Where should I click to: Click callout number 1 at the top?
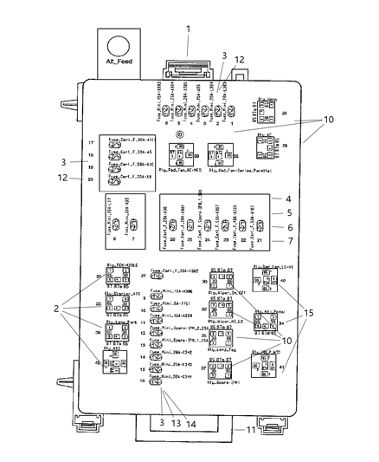click(x=187, y=29)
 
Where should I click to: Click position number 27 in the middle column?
click(x=145, y=277)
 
